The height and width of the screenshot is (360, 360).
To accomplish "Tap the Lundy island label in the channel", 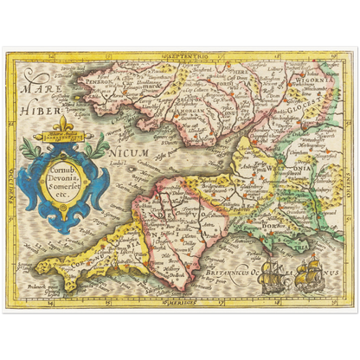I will [119, 163].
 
